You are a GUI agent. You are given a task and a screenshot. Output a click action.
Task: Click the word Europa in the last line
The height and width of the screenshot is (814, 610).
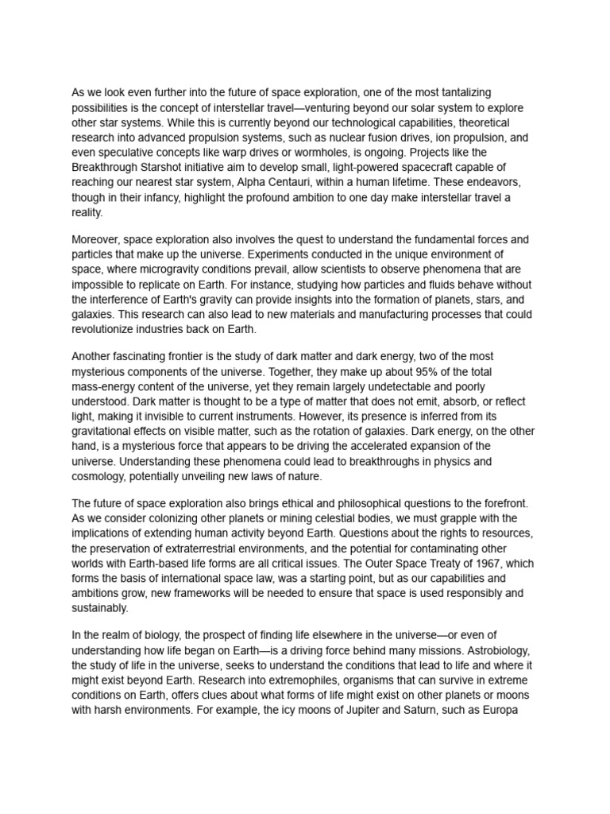(500, 708)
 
